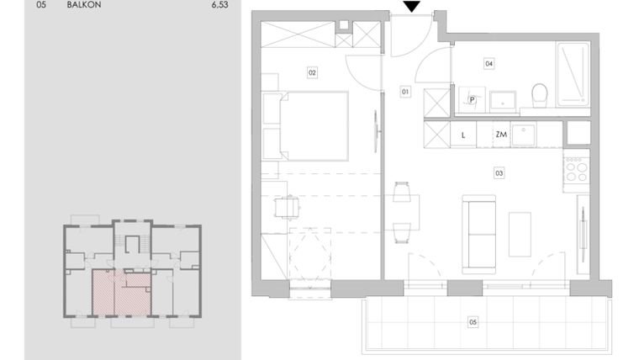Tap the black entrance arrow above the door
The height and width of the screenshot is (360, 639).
tap(411, 8)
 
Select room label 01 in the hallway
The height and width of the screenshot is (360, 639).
tap(404, 91)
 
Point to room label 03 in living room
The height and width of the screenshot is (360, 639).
tap(499, 173)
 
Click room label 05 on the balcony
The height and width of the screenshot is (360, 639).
tap(473, 321)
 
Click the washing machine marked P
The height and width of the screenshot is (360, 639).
tap(473, 99)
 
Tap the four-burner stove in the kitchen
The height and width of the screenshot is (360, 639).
tap(577, 171)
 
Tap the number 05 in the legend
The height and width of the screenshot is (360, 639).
tap(29, 4)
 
